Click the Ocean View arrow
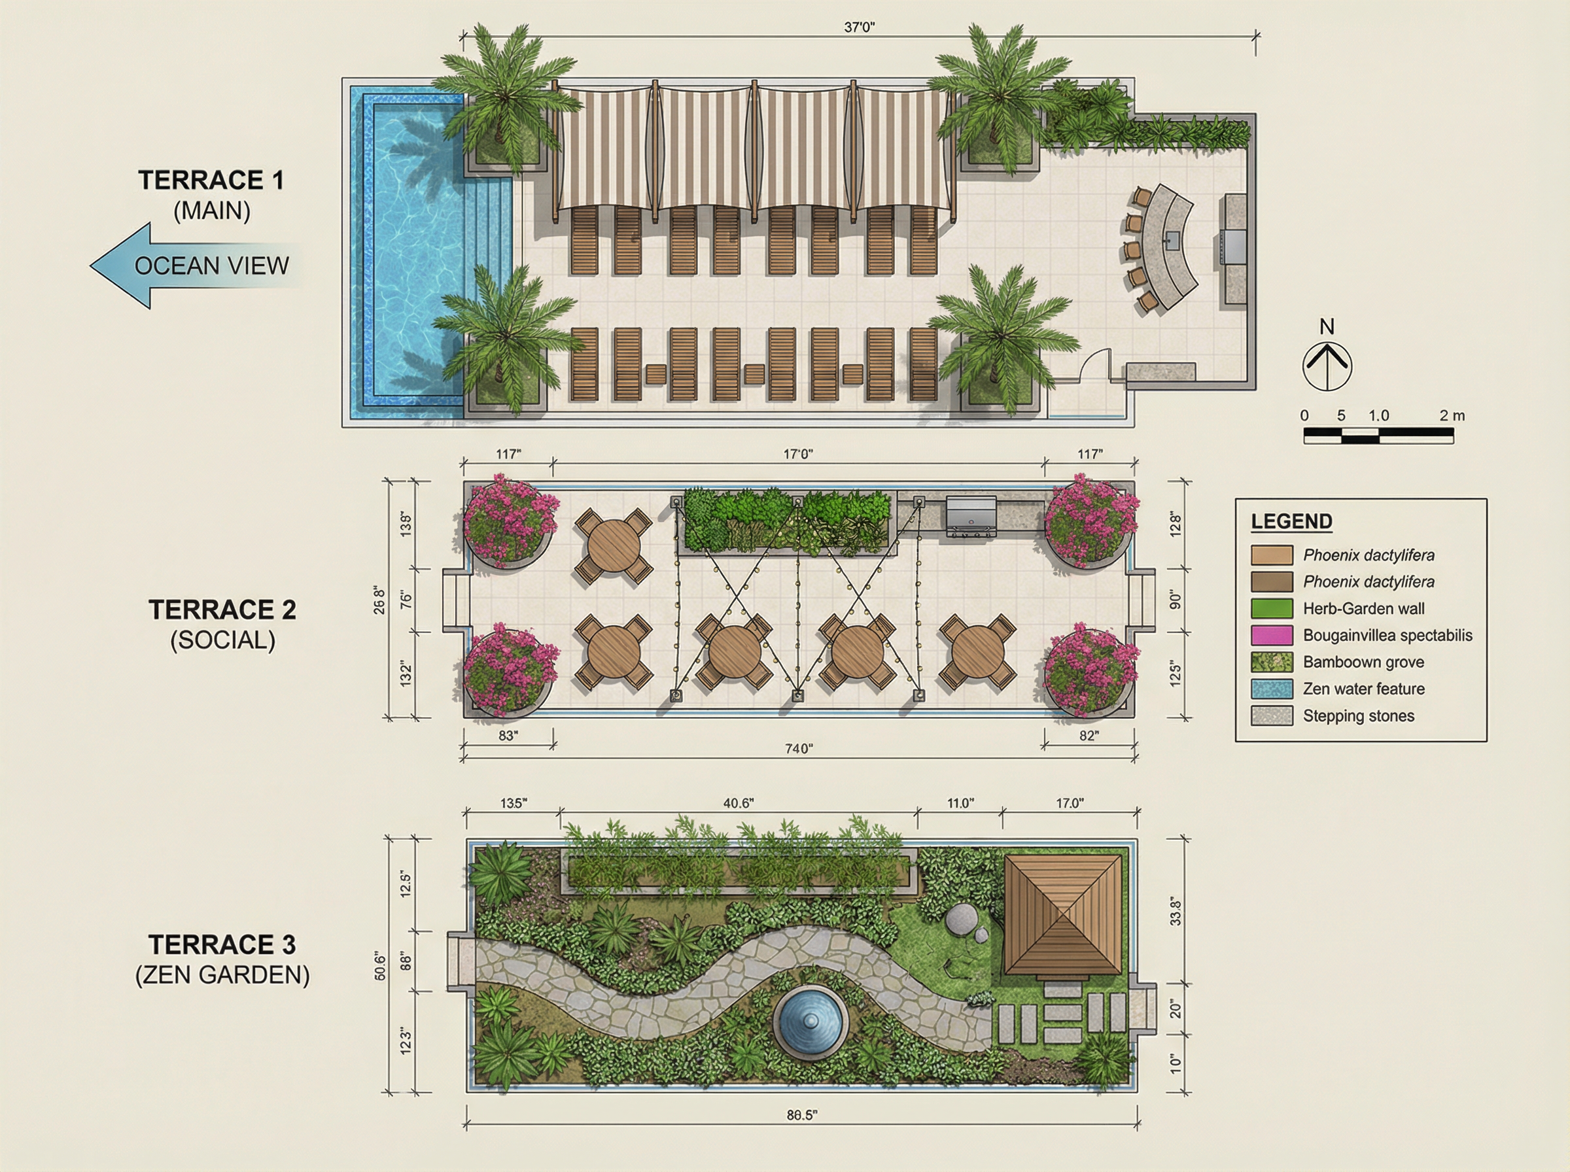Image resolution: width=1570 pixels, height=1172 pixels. pyautogui.click(x=195, y=266)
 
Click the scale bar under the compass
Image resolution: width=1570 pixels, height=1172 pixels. pyautogui.click(x=1378, y=436)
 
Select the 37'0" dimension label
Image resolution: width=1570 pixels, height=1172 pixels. pyautogui.click(x=859, y=27)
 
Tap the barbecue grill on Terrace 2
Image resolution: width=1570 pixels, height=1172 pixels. pyautogui.click(x=971, y=516)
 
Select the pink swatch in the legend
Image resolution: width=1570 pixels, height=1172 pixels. pyautogui.click(x=1271, y=635)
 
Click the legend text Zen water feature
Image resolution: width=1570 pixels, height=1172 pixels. pyautogui.click(x=1363, y=689)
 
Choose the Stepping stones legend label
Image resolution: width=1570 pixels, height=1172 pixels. pyautogui.click(x=1359, y=716)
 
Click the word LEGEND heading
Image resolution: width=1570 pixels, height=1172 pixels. pyautogui.click(x=1291, y=521)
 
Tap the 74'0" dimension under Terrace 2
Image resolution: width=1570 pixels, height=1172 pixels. pyautogui.click(x=798, y=748)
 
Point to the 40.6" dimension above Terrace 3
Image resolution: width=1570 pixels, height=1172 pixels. pyautogui.click(x=738, y=803)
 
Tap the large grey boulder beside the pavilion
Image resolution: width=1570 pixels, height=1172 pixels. pyautogui.click(x=960, y=920)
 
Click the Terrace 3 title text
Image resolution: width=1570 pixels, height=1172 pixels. pyautogui.click(x=222, y=944)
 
